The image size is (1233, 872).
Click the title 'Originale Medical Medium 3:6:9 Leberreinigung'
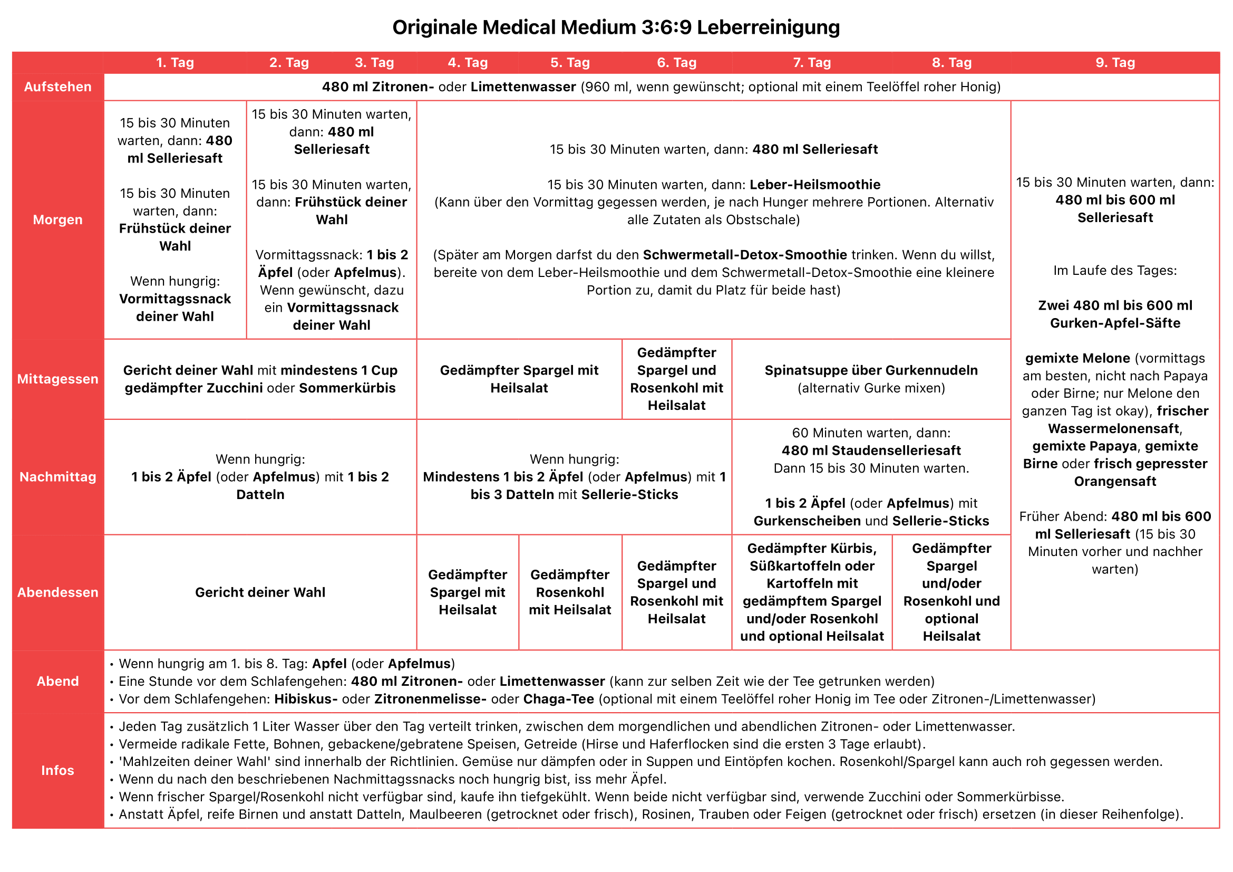(616, 27)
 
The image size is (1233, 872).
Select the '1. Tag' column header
(174, 63)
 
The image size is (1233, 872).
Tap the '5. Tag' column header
(570, 63)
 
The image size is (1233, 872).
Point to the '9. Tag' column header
(1115, 63)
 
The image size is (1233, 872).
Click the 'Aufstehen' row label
(57, 87)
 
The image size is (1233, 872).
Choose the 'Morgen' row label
(57, 220)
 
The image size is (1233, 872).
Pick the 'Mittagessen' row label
(57, 379)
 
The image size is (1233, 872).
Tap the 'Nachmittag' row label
(57, 476)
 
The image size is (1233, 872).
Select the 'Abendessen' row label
(57, 592)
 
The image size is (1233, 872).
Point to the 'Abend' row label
(57, 681)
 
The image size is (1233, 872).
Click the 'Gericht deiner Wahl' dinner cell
(260, 592)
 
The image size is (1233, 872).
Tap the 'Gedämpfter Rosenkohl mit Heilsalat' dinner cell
(570, 592)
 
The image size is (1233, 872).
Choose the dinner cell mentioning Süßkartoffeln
(811, 592)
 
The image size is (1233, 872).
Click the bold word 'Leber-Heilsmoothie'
(814, 185)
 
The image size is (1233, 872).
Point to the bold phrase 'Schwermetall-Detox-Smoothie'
(745, 255)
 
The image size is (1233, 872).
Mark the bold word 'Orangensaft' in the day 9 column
(1115, 482)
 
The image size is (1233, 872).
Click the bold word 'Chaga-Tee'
(558, 699)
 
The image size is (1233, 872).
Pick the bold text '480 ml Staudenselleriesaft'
(870, 451)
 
